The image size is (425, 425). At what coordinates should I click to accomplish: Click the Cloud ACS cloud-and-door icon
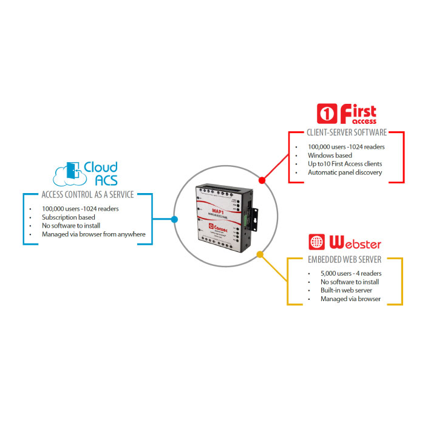(x=69, y=173)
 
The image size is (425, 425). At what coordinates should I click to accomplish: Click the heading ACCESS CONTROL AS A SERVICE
(x=87, y=195)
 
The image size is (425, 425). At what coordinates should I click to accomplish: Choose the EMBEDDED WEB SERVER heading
(x=344, y=260)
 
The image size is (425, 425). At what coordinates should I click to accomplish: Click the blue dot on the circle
(x=174, y=219)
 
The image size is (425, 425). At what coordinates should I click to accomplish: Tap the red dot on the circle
(x=262, y=180)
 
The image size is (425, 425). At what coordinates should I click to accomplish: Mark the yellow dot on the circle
(x=260, y=255)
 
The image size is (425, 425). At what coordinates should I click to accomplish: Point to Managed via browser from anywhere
(x=93, y=234)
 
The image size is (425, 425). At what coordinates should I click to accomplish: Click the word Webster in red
(x=354, y=243)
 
